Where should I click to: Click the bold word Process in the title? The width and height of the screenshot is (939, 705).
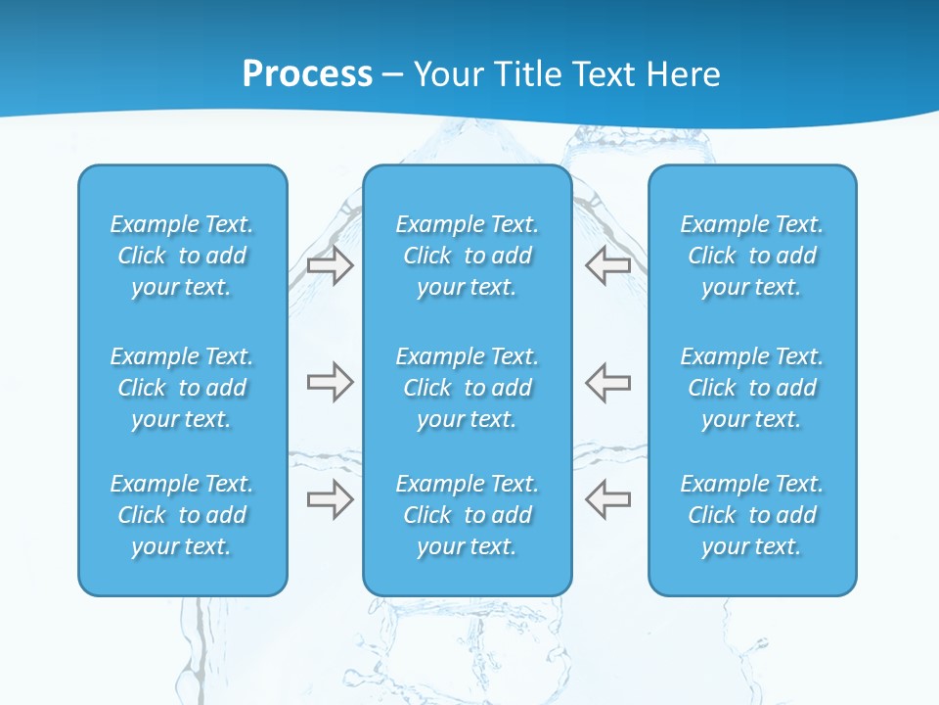(307, 74)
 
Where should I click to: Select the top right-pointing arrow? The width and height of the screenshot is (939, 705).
(331, 264)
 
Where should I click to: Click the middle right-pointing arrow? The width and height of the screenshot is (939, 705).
(331, 382)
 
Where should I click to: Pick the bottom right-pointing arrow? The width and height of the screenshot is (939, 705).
(331, 498)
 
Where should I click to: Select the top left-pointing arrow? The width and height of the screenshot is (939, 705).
(607, 264)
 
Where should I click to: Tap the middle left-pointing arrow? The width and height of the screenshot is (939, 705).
(607, 382)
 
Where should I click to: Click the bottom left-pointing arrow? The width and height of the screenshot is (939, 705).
(607, 498)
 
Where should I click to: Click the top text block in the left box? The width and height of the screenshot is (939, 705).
(182, 256)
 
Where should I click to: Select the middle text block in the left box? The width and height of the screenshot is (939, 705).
(182, 388)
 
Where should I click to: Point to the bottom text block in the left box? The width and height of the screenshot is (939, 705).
(182, 515)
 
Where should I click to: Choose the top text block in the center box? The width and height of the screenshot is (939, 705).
(467, 256)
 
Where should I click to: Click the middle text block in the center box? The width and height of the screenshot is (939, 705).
(467, 388)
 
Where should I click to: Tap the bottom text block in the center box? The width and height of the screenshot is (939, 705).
(467, 515)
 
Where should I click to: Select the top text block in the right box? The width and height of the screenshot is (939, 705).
(751, 256)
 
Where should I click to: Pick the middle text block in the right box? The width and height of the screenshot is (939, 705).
(751, 388)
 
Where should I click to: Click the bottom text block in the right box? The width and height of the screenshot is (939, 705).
(751, 515)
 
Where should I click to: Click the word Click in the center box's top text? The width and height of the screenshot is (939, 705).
(427, 257)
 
